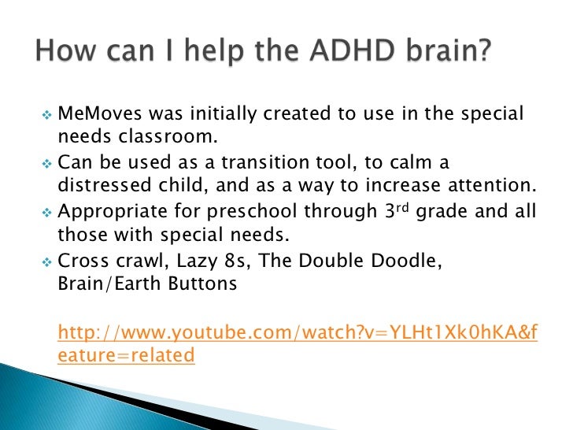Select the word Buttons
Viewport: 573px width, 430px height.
pos(199,284)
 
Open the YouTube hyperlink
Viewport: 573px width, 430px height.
pos(298,333)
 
